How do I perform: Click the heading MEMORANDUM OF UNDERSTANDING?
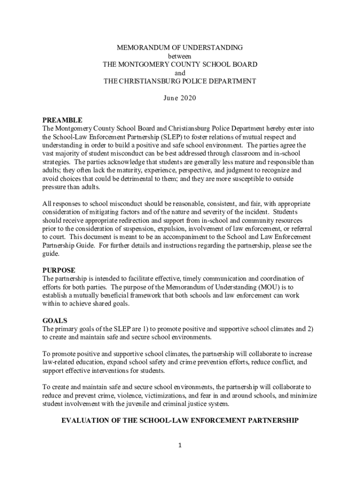tap(180, 48)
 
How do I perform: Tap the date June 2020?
tap(180, 98)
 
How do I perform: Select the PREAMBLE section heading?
tap(62, 120)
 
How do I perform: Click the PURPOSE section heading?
tap(59, 270)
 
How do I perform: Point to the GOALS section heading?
tap(54, 321)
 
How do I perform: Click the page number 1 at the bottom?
tap(180, 445)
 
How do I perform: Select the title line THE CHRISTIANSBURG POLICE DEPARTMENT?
tap(180, 81)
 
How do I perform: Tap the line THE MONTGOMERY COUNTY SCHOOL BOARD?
tap(180, 65)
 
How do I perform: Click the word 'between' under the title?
tap(180, 56)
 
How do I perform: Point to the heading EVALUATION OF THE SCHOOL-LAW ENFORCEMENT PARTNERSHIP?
tap(180, 421)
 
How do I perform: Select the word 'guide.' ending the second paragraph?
tap(51, 254)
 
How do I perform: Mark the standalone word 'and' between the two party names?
tap(180, 73)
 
